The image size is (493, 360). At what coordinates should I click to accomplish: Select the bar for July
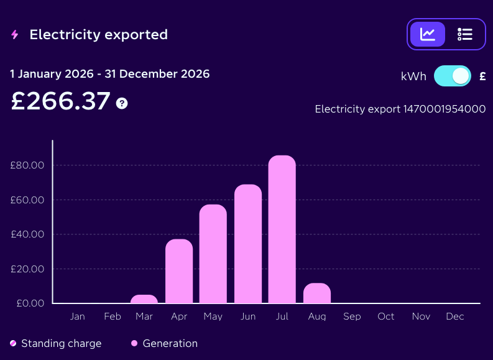pos(282,229)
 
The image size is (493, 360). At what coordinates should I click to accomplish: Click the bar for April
pos(179,271)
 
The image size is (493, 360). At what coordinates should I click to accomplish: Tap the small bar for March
pos(144,299)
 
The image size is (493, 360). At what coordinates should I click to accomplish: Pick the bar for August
pos(317,293)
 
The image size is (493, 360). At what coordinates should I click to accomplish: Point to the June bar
pos(248,244)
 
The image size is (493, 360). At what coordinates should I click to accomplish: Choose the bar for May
pos(213,254)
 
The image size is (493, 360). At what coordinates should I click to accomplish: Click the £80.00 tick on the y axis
pos(27,165)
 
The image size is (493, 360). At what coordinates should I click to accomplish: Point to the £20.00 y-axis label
pos(27,269)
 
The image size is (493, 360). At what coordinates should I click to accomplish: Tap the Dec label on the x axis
pos(455,316)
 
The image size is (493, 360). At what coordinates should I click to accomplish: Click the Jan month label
pos(77,316)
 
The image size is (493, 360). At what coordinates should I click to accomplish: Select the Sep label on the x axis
pos(352,316)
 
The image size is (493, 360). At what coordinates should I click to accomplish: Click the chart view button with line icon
pos(428,34)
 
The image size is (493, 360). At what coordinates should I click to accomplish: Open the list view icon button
pos(465,34)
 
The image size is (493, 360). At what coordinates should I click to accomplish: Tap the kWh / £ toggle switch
pos(453,76)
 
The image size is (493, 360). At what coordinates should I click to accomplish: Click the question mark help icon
pos(122,103)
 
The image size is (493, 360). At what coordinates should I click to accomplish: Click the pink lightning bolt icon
pos(14,35)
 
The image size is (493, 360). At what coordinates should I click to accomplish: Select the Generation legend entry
pos(165,343)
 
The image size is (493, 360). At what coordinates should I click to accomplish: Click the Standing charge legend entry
pos(56,343)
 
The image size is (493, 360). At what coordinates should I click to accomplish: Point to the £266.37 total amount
pos(60,101)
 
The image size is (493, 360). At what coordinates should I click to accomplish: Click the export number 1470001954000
pos(445,109)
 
